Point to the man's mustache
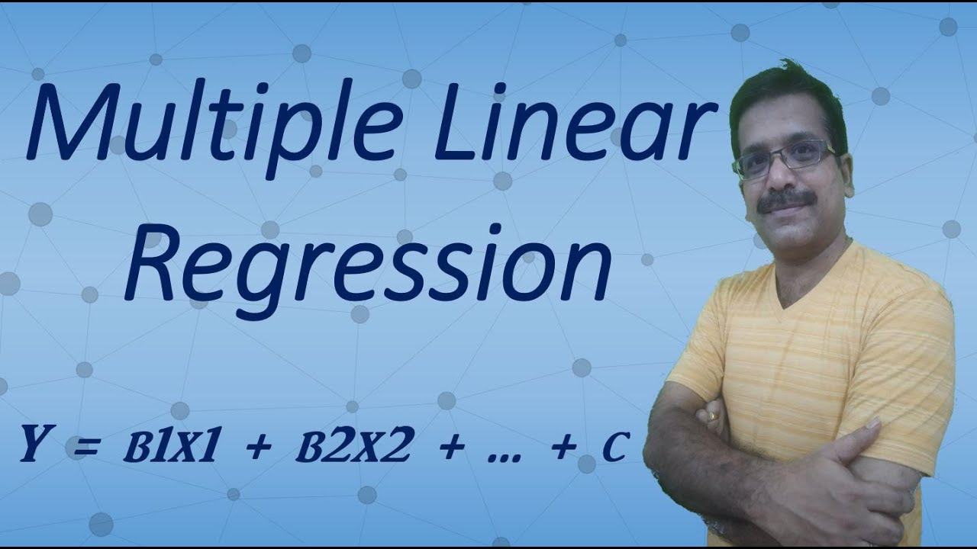tap(785, 201)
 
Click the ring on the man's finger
tap(711, 417)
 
